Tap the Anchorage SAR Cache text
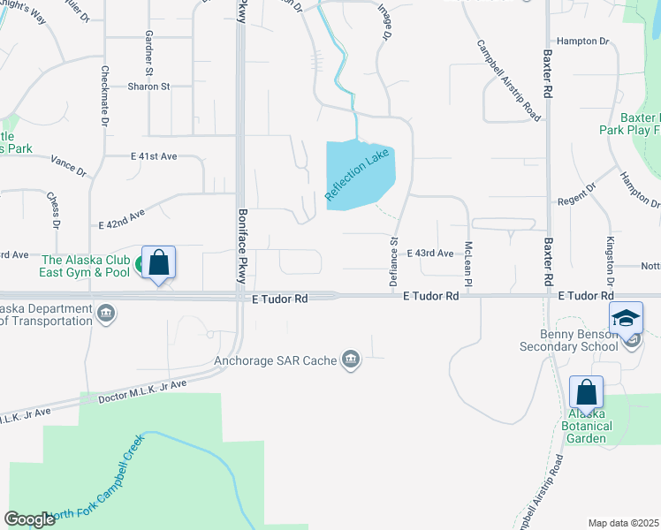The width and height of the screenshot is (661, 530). [x=277, y=360]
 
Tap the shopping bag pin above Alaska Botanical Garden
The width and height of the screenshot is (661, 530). [x=586, y=392]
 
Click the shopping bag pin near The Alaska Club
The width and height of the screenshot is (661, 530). [x=158, y=262]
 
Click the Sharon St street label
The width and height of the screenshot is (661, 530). [x=148, y=87]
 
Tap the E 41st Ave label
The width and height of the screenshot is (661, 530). [x=154, y=155]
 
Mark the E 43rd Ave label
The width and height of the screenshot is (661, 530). [x=430, y=254]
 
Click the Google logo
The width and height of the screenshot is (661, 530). [x=29, y=519]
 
